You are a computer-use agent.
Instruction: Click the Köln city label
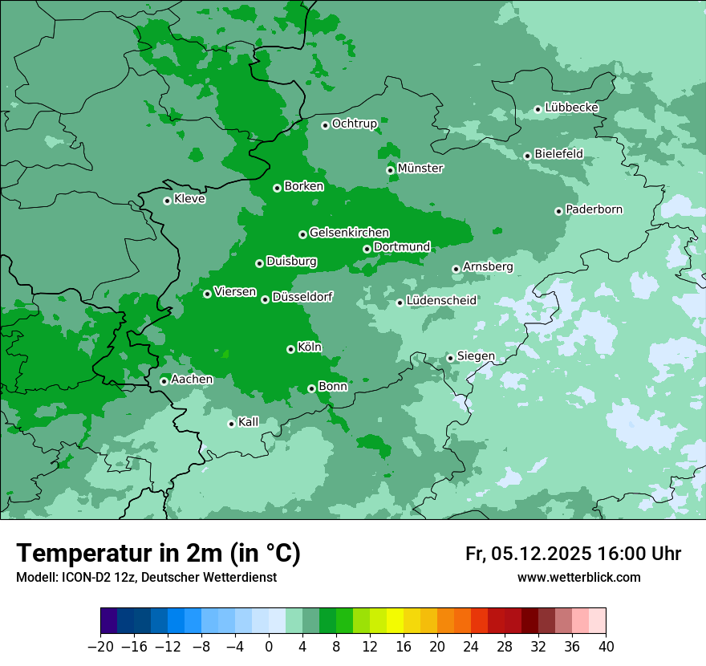click(310, 347)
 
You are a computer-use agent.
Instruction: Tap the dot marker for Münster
click(391, 170)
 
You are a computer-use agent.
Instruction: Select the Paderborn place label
click(594, 209)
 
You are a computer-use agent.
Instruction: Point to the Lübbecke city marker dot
click(538, 109)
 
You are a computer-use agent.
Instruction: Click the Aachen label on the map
click(192, 380)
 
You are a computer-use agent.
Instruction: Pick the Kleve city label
click(189, 199)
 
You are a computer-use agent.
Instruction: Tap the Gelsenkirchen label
click(349, 233)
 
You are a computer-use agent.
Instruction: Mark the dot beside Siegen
click(451, 358)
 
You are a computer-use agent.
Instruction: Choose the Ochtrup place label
click(354, 124)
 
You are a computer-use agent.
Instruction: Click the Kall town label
click(249, 422)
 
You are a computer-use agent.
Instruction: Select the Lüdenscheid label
click(441, 301)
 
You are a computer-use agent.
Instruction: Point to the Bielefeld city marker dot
click(528, 156)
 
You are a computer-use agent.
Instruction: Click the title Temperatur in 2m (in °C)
click(158, 554)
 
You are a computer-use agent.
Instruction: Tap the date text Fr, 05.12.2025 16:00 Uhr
click(573, 554)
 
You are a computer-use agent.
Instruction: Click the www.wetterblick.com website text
click(578, 577)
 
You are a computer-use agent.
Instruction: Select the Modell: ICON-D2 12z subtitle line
click(146, 577)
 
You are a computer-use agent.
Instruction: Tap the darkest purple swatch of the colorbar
click(109, 621)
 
